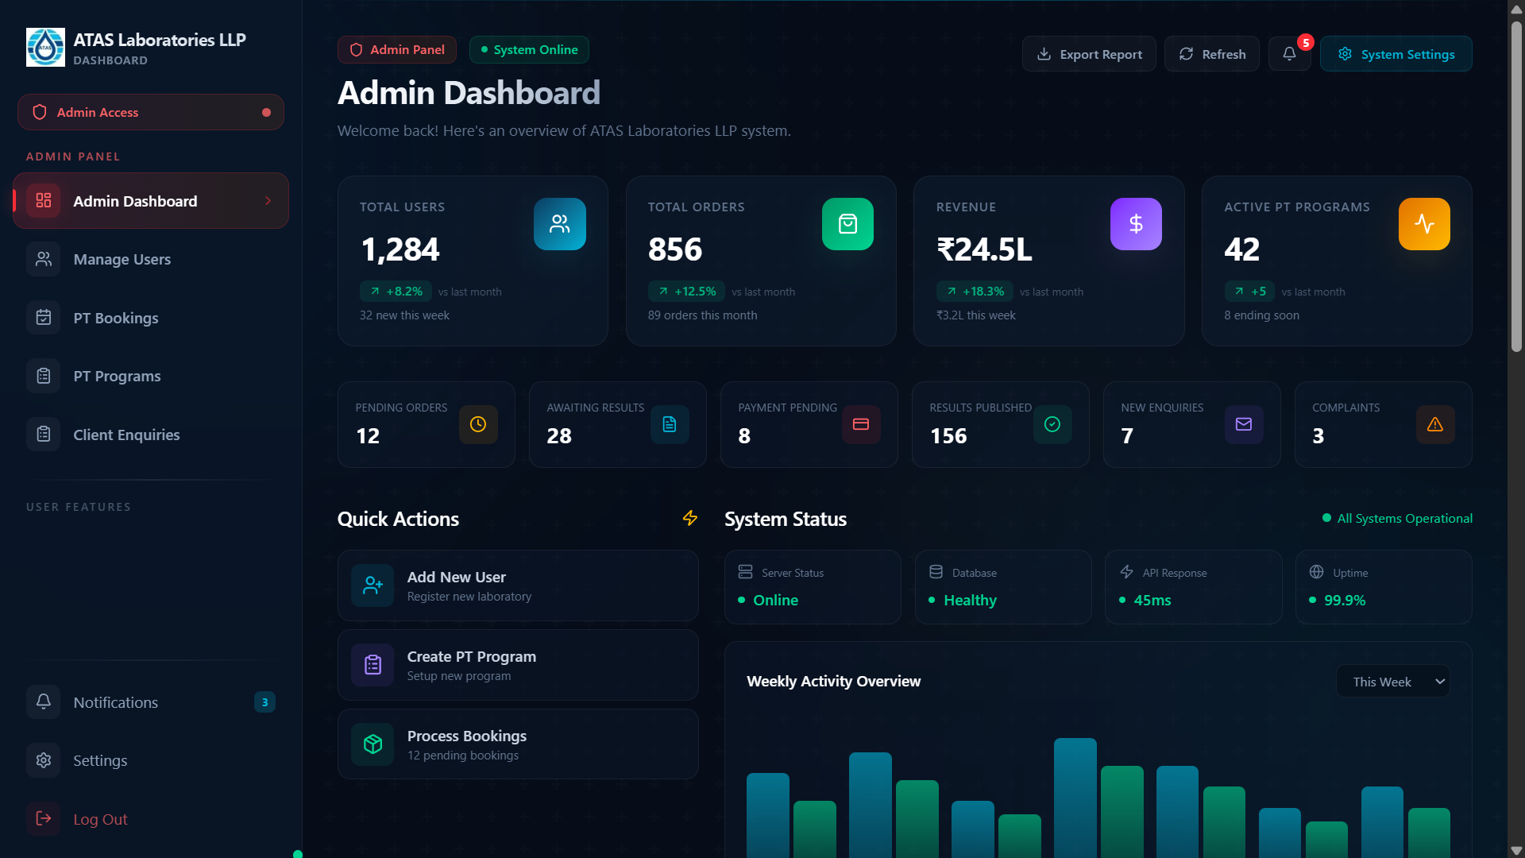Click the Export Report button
pyautogui.click(x=1089, y=54)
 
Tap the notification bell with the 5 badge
pyautogui.click(x=1289, y=54)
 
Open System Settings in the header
pyautogui.click(x=1396, y=54)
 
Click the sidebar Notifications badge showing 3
pyautogui.click(x=264, y=702)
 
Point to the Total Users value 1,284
pyautogui.click(x=400, y=249)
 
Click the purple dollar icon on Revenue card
pyautogui.click(x=1136, y=224)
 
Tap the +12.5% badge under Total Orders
pyautogui.click(x=686, y=292)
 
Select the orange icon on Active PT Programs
pyautogui.click(x=1424, y=224)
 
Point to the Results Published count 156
pyautogui.click(x=948, y=436)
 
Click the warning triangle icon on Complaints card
pyautogui.click(x=1435, y=424)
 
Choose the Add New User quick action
pyautogui.click(x=518, y=586)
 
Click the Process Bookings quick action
pyautogui.click(x=518, y=744)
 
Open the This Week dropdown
pyautogui.click(x=1393, y=682)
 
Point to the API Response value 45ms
pyautogui.click(x=1152, y=601)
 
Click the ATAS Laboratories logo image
pyautogui.click(x=45, y=48)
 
